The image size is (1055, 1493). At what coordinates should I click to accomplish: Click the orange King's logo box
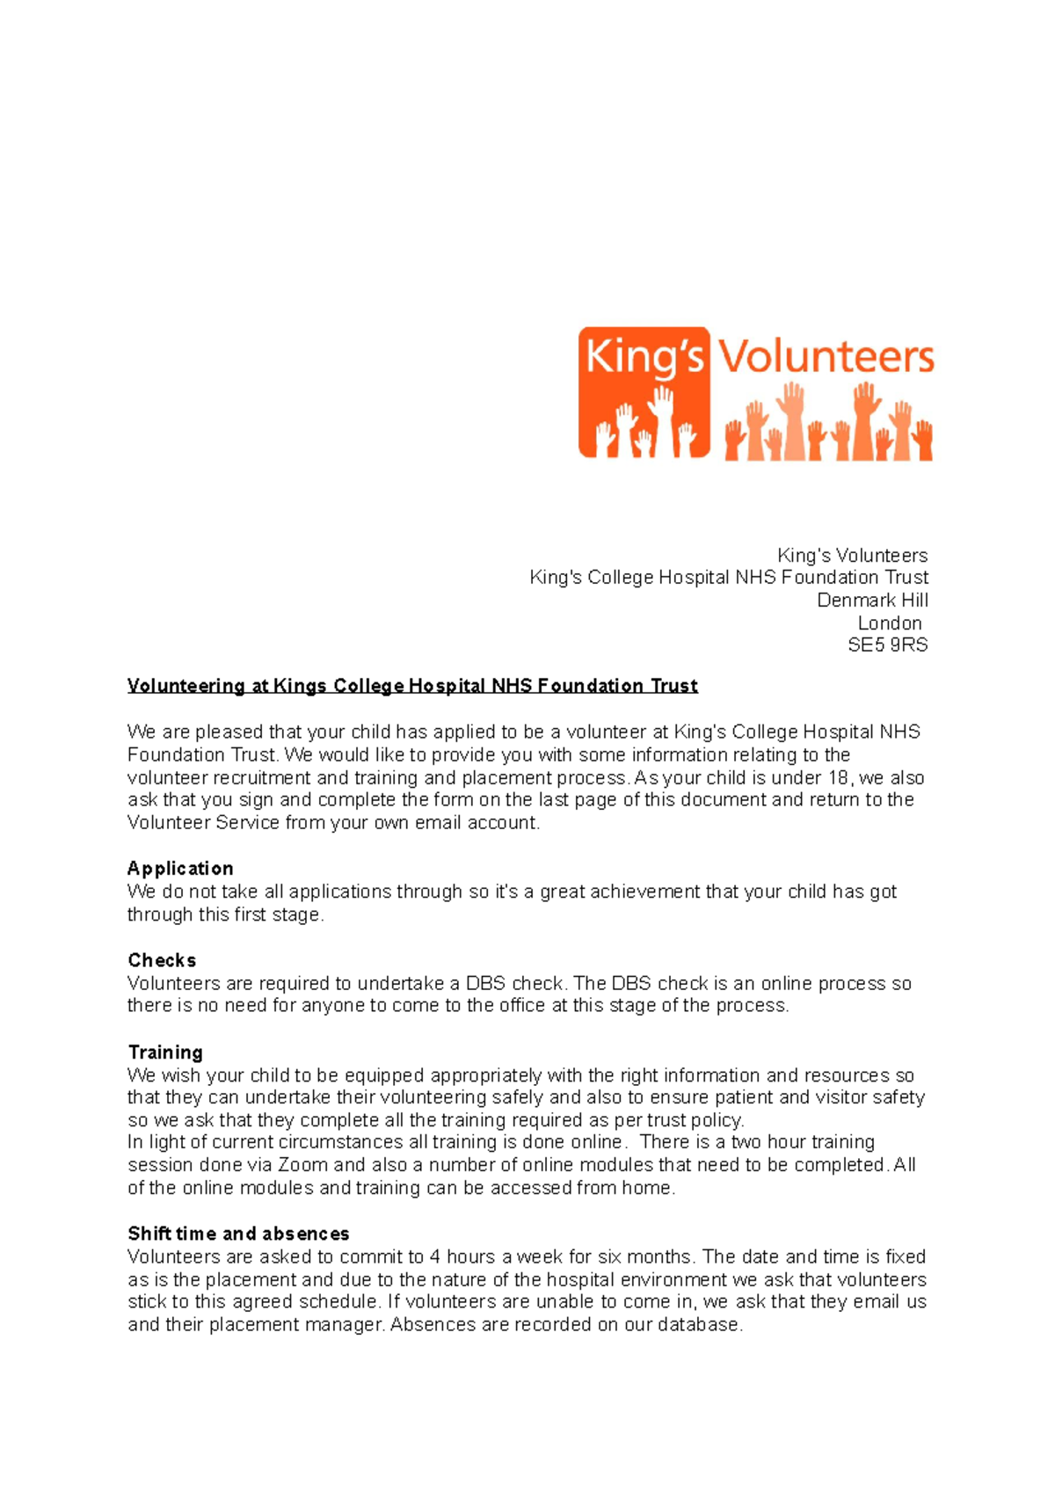644,392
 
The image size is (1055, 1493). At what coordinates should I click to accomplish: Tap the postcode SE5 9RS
887,645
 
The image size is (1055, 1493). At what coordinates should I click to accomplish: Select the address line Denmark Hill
872,601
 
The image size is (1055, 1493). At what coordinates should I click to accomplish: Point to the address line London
890,623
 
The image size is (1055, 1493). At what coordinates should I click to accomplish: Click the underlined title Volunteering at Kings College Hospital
412,686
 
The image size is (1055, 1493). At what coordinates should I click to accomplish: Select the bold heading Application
180,869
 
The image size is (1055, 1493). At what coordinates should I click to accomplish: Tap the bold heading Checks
162,960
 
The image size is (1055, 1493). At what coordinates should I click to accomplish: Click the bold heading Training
165,1052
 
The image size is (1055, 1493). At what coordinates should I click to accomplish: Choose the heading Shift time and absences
238,1234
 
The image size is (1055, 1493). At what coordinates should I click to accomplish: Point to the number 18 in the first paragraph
837,778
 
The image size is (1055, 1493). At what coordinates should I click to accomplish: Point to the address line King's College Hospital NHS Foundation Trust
729,578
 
